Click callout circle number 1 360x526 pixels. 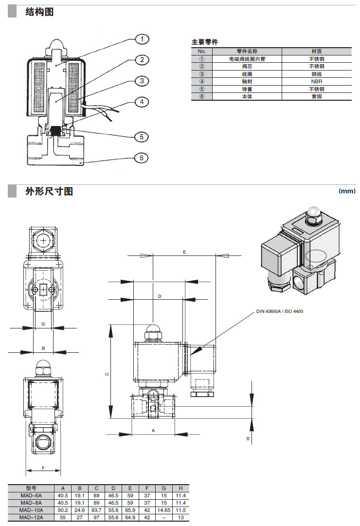click(142, 39)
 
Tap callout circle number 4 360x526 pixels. click(142, 102)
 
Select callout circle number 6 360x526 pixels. click(142, 158)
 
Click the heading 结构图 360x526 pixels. click(39, 12)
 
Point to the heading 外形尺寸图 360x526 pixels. click(49, 191)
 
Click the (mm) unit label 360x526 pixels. click(347, 191)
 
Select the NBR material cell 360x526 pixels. click(316, 81)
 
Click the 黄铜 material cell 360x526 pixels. click(316, 96)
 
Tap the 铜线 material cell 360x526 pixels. click(316, 74)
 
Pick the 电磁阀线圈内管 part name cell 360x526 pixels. click(247, 59)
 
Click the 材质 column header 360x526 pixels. click(316, 51)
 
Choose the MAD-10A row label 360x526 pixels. click(31, 510)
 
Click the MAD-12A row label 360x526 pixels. click(31, 517)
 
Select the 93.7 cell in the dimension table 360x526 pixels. click(96, 510)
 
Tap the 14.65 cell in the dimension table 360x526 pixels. click(163, 510)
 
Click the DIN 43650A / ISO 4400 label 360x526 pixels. click(280, 311)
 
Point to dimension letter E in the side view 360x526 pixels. click(184, 252)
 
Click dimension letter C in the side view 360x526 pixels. click(108, 374)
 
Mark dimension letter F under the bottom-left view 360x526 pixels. click(43, 468)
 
